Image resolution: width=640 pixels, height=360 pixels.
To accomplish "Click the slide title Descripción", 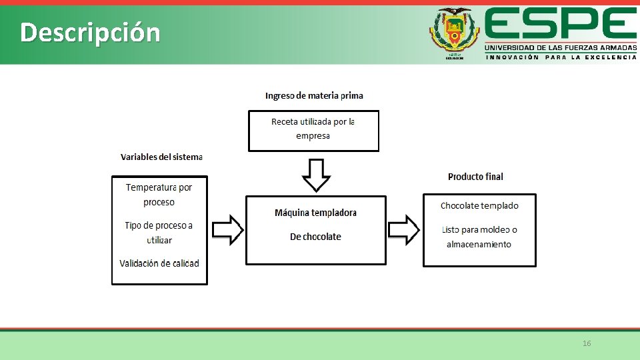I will (90, 32).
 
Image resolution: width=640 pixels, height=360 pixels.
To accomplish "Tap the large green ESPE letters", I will (560, 24).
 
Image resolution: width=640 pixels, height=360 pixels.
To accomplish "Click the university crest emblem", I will (454, 33).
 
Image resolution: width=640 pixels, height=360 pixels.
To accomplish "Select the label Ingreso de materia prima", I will (314, 95).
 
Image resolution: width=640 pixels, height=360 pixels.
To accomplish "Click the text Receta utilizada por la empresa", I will (313, 129).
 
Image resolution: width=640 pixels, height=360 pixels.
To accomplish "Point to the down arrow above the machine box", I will (316, 175).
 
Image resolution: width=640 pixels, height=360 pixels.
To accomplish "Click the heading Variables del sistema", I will (161, 157).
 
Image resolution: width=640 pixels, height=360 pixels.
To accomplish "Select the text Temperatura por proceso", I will (159, 195).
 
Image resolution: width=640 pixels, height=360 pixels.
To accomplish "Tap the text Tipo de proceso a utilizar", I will (159, 233).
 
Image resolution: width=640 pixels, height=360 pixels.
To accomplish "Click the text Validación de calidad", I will (159, 263).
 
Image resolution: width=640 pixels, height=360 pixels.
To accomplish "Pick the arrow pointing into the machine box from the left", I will (228, 230).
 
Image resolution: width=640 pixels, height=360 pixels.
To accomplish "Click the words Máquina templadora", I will (315, 213).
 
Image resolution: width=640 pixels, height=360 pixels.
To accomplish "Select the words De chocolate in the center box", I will (315, 237).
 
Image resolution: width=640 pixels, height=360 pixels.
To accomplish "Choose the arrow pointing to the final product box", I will (404, 230).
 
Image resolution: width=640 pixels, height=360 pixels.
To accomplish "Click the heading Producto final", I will (475, 177).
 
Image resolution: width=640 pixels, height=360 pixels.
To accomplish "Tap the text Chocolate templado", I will (479, 205).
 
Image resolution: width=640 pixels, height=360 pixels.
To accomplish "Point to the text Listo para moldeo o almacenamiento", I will (479, 237).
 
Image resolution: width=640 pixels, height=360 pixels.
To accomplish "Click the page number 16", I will (587, 343).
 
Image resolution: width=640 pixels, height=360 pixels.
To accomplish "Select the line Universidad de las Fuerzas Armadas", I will (560, 47).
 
